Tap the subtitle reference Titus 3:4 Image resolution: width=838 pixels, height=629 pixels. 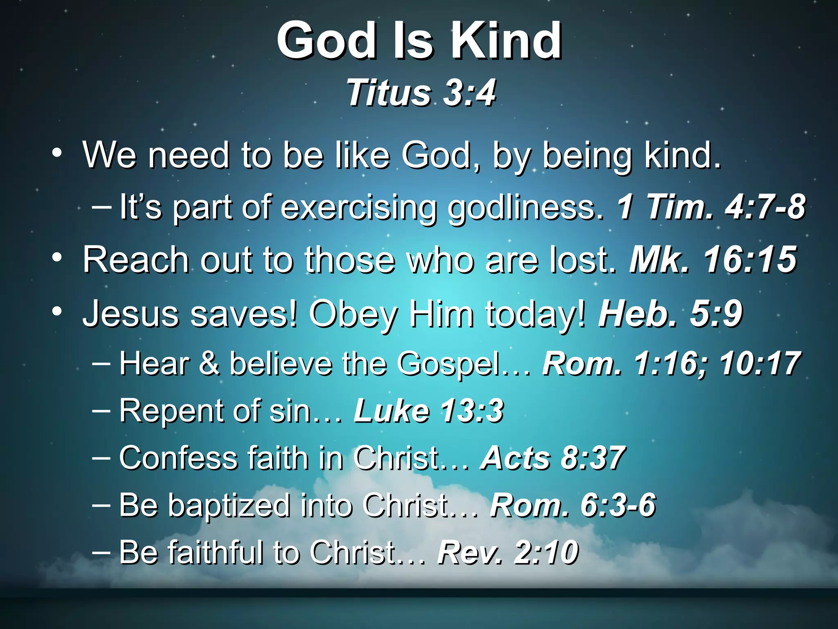click(421, 93)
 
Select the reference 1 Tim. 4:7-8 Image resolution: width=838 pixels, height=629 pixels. click(711, 207)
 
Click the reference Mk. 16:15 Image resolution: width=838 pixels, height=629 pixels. click(713, 260)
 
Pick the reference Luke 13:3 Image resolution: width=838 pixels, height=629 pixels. click(428, 411)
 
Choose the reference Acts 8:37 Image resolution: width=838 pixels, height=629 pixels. click(553, 458)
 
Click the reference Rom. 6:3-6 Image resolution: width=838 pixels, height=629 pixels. click(573, 505)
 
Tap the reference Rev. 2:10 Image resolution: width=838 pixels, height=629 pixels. click(508, 552)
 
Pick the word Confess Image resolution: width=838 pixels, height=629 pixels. click(178, 458)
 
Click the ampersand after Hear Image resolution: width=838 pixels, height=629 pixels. click(209, 364)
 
